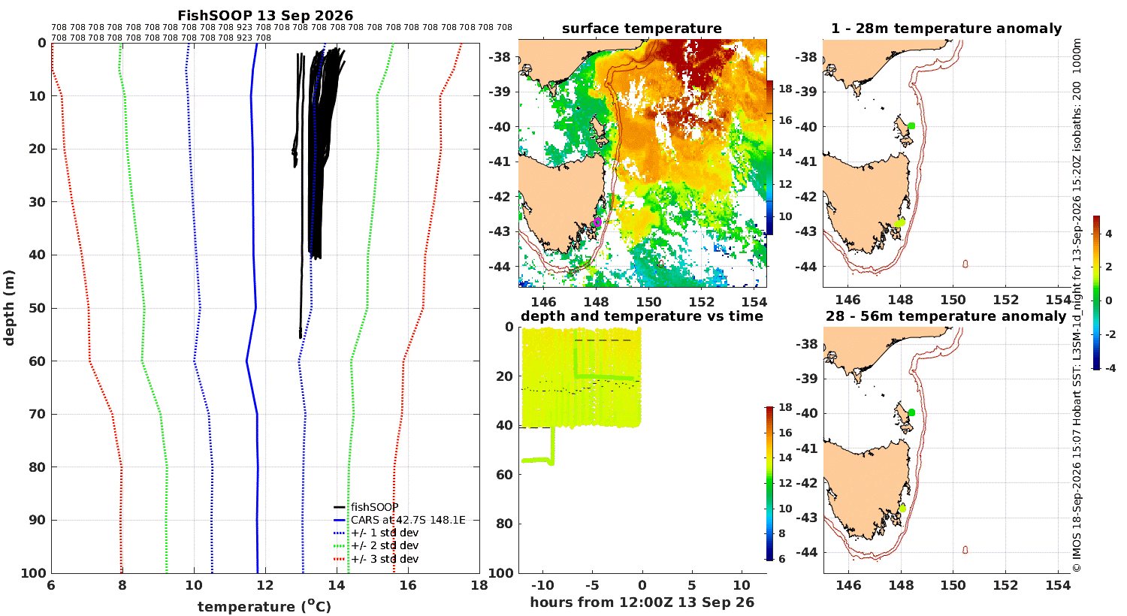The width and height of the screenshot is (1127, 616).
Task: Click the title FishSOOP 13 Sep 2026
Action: (265, 15)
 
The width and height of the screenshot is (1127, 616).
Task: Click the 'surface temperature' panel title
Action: (642, 29)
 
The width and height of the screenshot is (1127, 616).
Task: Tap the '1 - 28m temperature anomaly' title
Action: (947, 29)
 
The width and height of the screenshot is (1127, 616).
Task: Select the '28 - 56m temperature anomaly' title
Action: (946, 316)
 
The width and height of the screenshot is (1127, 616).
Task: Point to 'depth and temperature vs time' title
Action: (642, 316)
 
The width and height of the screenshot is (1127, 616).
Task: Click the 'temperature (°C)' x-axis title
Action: (264, 606)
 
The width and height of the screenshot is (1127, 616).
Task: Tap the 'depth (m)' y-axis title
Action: (9, 308)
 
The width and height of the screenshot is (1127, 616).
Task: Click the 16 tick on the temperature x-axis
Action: (408, 585)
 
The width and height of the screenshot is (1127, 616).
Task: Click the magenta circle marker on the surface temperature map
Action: (597, 222)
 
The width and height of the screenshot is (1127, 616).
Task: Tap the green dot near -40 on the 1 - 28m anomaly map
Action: (911, 125)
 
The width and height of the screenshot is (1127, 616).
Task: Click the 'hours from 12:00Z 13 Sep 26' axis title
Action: (642, 602)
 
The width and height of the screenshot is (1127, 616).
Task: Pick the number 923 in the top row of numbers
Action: (244, 27)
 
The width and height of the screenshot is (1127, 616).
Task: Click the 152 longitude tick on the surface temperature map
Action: (701, 302)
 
